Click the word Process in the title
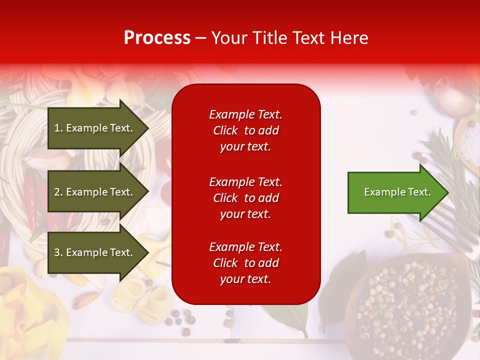tap(157, 38)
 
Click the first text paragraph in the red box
tap(245, 130)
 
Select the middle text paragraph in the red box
tap(245, 198)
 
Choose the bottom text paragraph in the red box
tap(245, 263)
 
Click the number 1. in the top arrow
tap(58, 128)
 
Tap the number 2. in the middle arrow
tap(58, 192)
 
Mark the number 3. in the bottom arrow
tap(58, 252)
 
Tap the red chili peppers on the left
tap(32, 200)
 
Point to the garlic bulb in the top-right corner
tap(452, 97)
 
